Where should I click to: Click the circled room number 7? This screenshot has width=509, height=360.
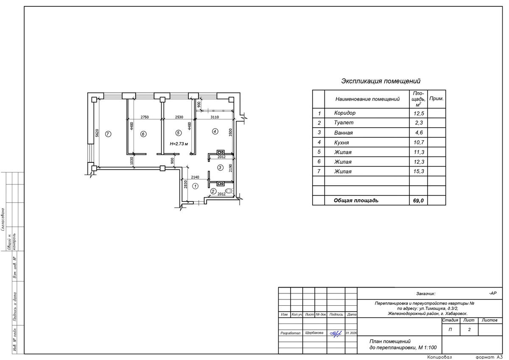(x=108, y=134)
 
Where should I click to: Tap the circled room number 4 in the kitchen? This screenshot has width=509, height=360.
(x=215, y=131)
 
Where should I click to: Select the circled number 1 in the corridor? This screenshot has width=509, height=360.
(x=195, y=186)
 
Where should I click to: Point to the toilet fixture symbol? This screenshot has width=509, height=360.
(x=229, y=191)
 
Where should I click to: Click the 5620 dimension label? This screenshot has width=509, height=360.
(x=97, y=133)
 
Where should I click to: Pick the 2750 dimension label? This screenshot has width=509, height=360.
(x=145, y=117)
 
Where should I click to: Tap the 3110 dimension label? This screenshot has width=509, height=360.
(x=215, y=117)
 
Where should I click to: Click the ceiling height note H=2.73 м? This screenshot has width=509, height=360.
(x=179, y=144)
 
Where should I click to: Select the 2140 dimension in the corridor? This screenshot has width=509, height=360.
(x=195, y=177)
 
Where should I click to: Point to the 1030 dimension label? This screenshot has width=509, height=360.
(x=131, y=161)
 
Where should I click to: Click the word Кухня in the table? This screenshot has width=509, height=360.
(x=341, y=142)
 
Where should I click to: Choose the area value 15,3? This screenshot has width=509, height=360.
(x=419, y=171)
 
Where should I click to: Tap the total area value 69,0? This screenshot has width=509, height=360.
(x=418, y=201)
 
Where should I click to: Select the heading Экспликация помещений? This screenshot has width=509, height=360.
(x=380, y=81)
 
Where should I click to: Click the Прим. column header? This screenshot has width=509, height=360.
(x=436, y=98)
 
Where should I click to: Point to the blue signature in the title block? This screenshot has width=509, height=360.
(x=336, y=334)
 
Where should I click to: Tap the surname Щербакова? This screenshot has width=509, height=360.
(x=314, y=333)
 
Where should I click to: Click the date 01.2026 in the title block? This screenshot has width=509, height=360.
(x=351, y=333)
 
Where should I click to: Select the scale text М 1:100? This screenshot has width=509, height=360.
(x=428, y=348)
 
